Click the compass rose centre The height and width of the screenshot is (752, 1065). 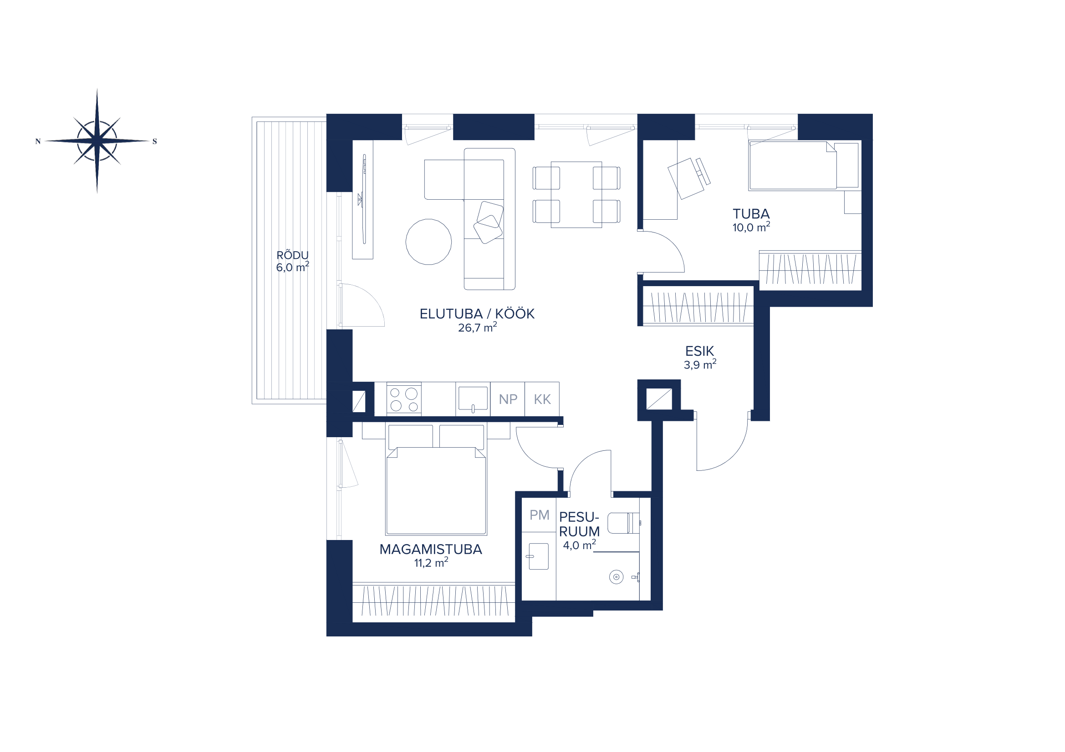(97, 141)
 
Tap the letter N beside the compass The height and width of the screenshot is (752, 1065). (38, 141)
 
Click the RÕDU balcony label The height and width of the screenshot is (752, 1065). (292, 255)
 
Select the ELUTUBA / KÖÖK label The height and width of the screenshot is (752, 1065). (477, 314)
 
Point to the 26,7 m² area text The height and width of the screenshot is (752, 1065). (477, 328)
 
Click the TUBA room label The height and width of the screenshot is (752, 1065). (751, 214)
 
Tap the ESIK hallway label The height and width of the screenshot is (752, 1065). (699, 351)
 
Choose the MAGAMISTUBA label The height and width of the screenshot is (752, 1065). (430, 550)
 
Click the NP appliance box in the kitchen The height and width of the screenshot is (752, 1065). (507, 399)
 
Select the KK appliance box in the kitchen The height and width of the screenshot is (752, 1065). (542, 399)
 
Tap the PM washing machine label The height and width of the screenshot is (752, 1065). (539, 515)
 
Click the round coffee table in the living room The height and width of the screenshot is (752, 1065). (428, 242)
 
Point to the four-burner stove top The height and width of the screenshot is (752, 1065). (404, 399)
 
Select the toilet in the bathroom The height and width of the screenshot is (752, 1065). (623, 523)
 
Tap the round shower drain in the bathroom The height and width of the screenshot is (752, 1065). (616, 577)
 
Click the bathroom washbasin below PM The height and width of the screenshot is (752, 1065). (539, 556)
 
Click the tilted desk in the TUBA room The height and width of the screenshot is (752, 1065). (686, 178)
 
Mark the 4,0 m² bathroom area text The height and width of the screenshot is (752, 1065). (579, 545)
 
